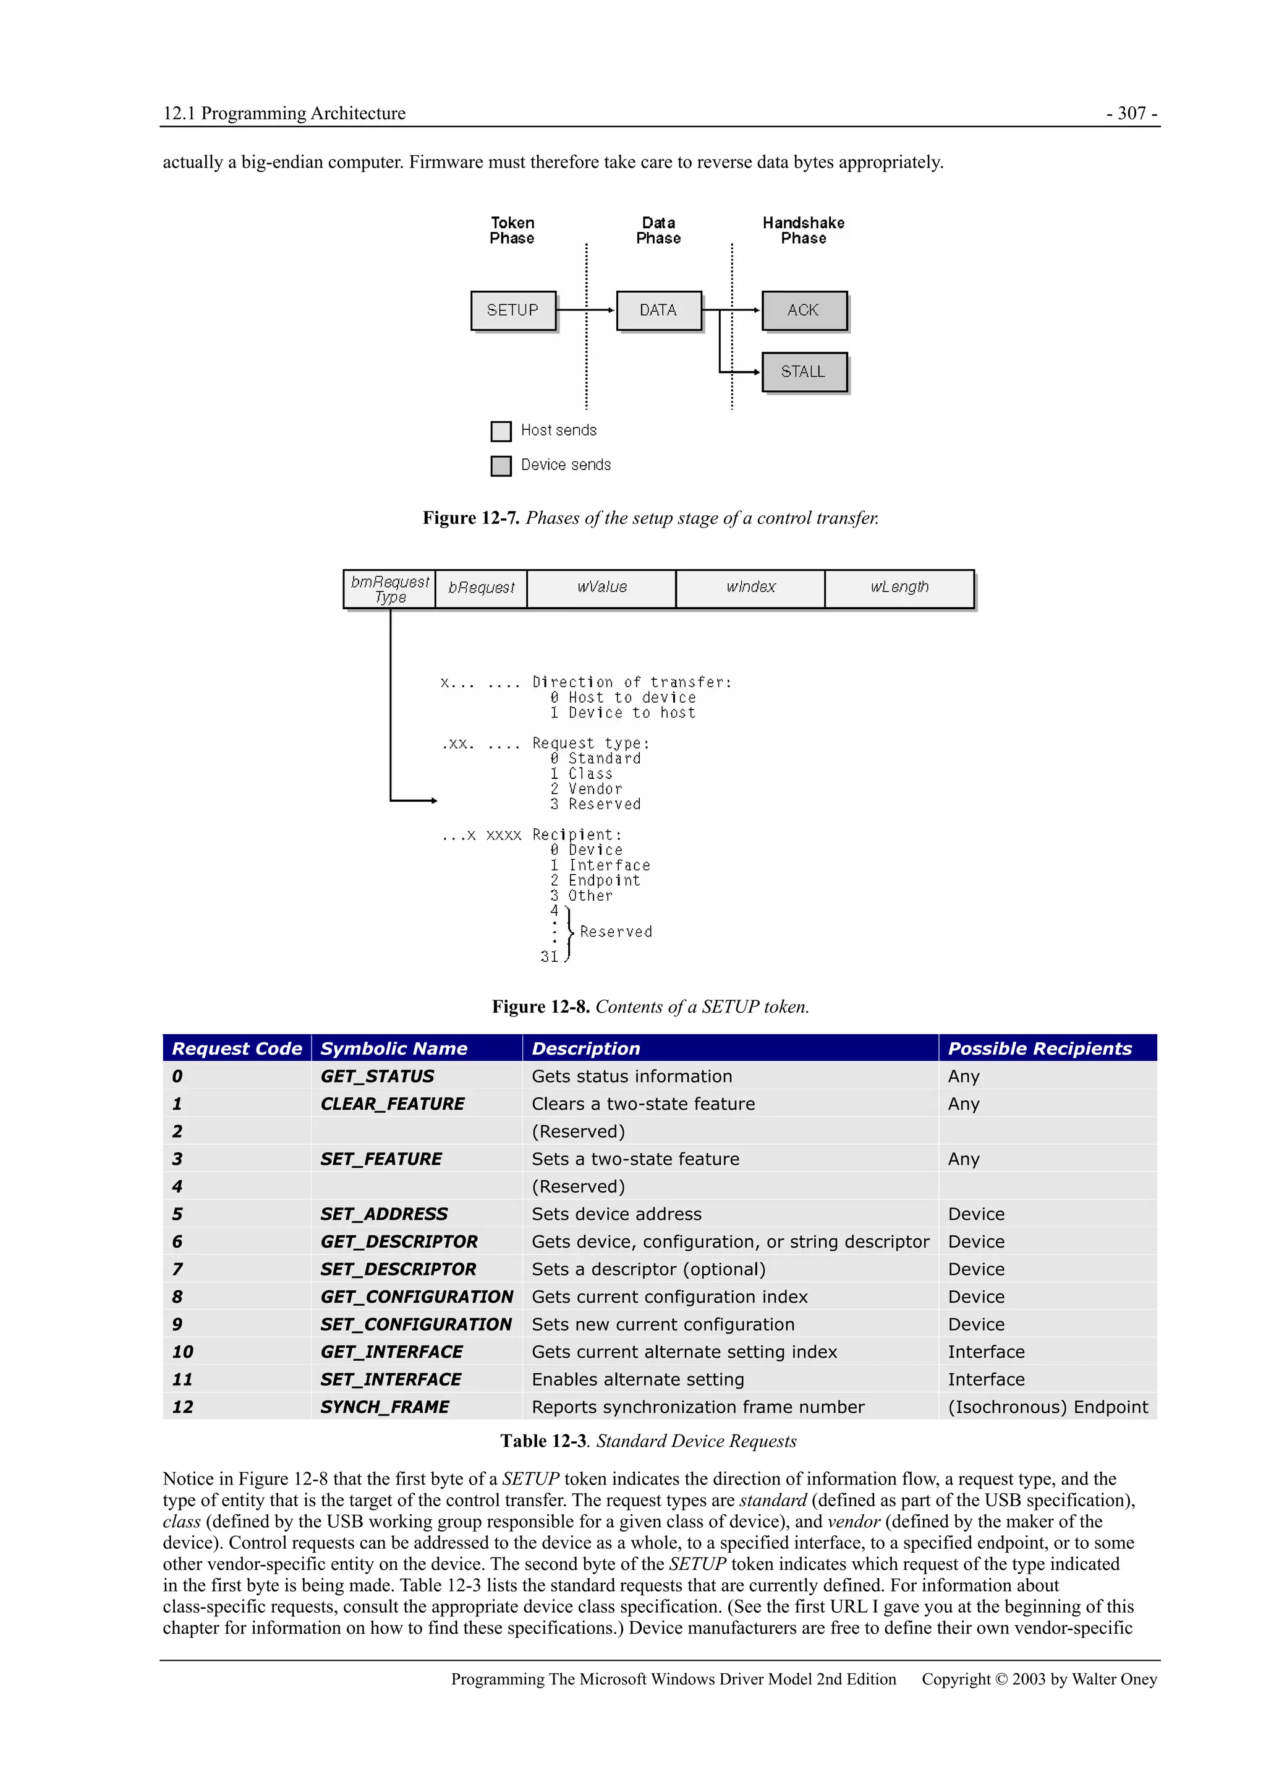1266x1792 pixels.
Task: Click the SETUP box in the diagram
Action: click(x=512, y=311)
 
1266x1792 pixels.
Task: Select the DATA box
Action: click(x=658, y=311)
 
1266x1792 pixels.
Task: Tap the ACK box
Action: click(x=804, y=311)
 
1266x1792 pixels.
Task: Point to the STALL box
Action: click(x=804, y=372)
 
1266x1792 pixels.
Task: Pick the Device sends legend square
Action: click(x=501, y=466)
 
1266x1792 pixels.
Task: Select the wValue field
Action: click(x=601, y=588)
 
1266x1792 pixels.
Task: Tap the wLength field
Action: click(x=899, y=588)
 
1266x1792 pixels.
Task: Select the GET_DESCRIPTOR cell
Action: click(x=399, y=1241)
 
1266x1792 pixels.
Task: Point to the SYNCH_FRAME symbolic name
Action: click(x=384, y=1407)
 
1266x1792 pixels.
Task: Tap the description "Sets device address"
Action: click(x=616, y=1214)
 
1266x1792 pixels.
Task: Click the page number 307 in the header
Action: click(x=1131, y=113)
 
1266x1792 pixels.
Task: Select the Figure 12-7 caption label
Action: click(x=471, y=518)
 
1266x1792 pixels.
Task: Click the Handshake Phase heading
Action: click(x=804, y=230)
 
